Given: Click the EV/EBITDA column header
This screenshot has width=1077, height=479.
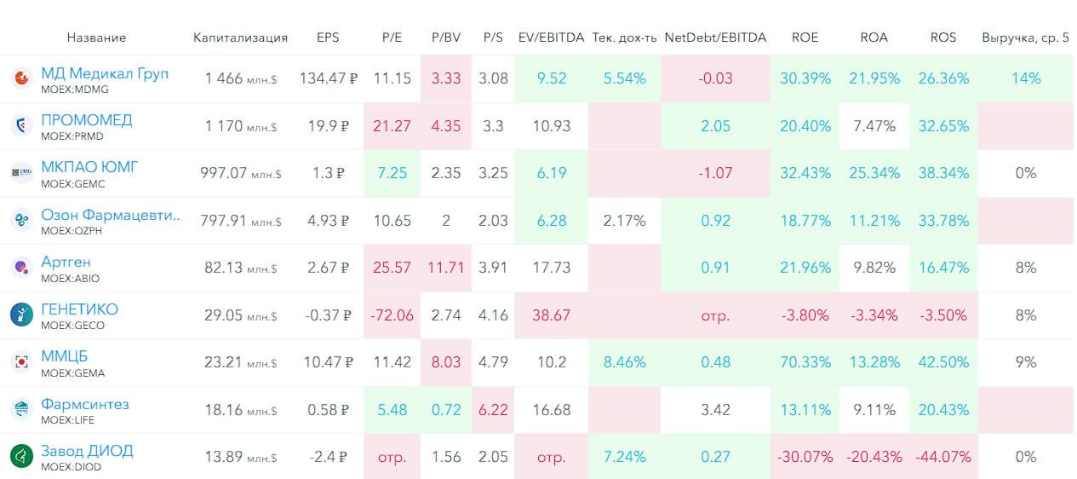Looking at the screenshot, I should pos(551,38).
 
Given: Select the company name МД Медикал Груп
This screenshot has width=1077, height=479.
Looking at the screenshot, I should pos(105,73).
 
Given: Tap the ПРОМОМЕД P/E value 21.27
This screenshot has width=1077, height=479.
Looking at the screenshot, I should pos(392,126).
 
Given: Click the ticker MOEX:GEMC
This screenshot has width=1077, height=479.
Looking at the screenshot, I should pos(72,183).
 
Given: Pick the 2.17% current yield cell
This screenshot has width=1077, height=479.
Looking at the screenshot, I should pos(624,221).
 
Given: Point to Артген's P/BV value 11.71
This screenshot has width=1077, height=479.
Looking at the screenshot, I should pos(445,268).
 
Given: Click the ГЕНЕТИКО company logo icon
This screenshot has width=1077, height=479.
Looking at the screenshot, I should pos(21,315).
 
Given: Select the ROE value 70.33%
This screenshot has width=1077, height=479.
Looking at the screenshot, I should pos(805,362).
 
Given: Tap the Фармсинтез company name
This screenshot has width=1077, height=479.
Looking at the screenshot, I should pos(85,404).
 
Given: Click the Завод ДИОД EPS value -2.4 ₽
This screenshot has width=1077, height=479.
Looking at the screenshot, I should pos(328,457).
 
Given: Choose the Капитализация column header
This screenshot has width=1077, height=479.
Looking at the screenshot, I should pos(240,38).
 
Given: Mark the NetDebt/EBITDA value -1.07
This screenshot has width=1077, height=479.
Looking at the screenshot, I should pos(715,173).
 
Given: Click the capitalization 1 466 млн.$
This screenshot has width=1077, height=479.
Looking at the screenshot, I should pos(241,78).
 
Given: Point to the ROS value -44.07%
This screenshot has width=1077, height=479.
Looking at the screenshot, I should pos(943,457).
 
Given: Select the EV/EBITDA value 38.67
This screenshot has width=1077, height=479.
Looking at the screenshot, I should pos(551,315).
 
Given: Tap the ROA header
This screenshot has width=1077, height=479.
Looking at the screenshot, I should pos(874,38).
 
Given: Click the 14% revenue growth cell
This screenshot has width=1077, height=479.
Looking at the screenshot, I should pos(1026,78).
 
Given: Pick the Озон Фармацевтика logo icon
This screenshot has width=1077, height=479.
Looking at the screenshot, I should pos(21,221).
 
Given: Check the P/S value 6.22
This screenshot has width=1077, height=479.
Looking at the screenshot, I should pos(494,410).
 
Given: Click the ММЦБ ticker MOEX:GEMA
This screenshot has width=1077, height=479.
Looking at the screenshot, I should pos(71,372).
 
